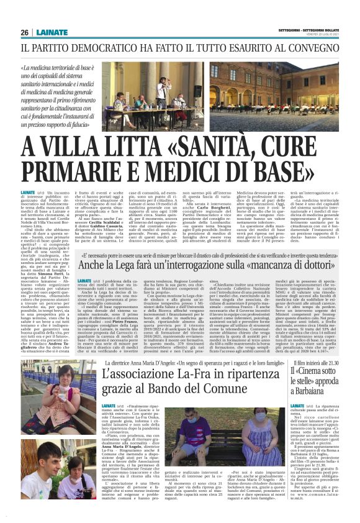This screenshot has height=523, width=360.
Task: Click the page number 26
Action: point(24,32)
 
